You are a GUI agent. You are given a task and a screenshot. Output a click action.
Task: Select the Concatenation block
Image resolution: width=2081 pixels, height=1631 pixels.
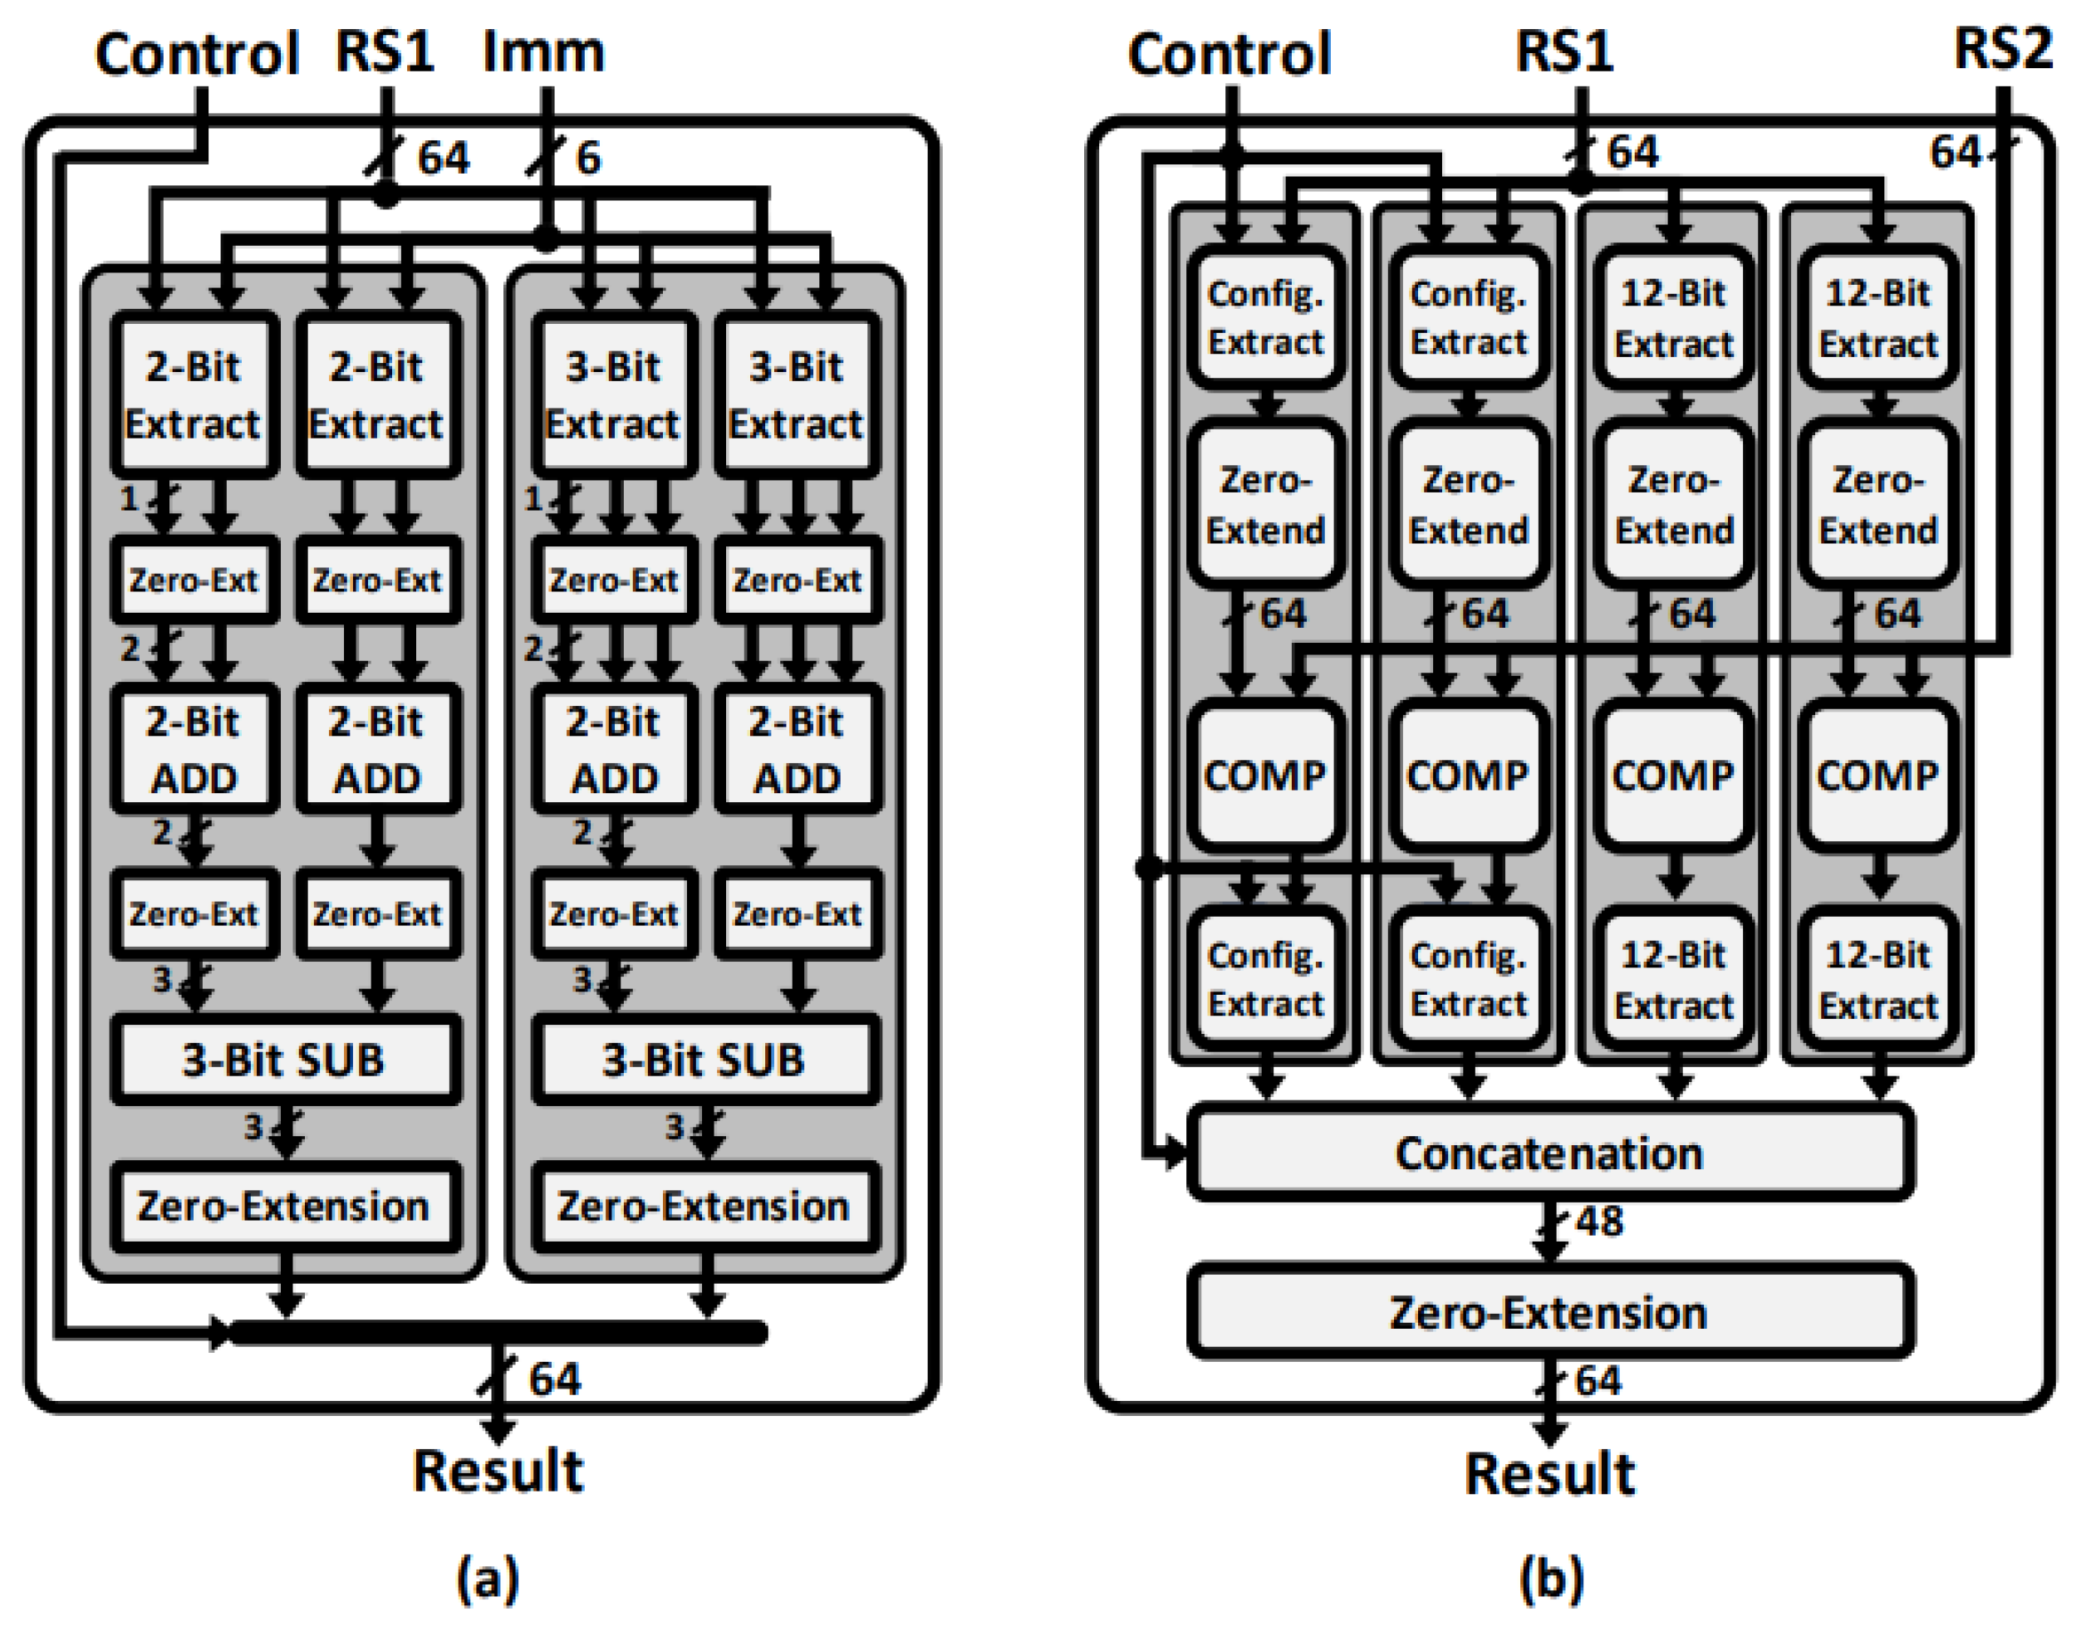pyautogui.click(x=1548, y=1153)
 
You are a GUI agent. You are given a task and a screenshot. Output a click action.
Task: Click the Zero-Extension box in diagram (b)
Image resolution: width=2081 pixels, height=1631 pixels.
pyautogui.click(x=1548, y=1312)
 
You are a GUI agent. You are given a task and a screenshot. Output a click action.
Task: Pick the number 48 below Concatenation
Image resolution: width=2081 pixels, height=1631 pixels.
pyautogui.click(x=1598, y=1222)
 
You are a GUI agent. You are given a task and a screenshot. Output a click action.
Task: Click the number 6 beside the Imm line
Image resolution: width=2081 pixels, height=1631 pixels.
pyautogui.click(x=588, y=158)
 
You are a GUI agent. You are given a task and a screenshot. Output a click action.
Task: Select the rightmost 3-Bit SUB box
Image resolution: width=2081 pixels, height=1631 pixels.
pyautogui.click(x=704, y=1060)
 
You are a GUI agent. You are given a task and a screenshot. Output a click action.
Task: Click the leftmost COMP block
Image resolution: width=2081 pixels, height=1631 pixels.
pyautogui.click(x=1264, y=776)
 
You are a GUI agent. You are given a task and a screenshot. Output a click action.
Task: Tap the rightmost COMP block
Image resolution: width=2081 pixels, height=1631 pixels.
pyautogui.click(x=1877, y=776)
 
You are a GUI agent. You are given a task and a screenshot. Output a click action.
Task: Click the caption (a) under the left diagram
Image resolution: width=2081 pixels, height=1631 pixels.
pyautogui.click(x=488, y=1578)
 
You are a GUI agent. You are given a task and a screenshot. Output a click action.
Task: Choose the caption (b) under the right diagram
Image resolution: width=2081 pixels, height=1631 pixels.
pyautogui.click(x=1550, y=1578)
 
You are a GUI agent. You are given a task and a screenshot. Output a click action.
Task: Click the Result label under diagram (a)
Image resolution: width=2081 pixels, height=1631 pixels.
pyautogui.click(x=498, y=1471)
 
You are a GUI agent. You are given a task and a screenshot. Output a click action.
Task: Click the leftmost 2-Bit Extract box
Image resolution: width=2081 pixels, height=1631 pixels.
pyautogui.click(x=194, y=394)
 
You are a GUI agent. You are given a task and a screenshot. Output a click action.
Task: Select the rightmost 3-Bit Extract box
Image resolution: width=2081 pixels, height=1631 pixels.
pyautogui.click(x=796, y=394)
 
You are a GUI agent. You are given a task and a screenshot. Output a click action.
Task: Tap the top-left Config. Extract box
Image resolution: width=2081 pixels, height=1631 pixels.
pyautogui.click(x=1264, y=317)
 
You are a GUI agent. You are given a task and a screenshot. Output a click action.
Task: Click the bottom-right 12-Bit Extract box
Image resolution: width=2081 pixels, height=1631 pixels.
pyautogui.click(x=1877, y=980)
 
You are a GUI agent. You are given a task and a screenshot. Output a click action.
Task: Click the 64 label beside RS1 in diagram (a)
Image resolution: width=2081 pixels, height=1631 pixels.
pyautogui.click(x=443, y=158)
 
